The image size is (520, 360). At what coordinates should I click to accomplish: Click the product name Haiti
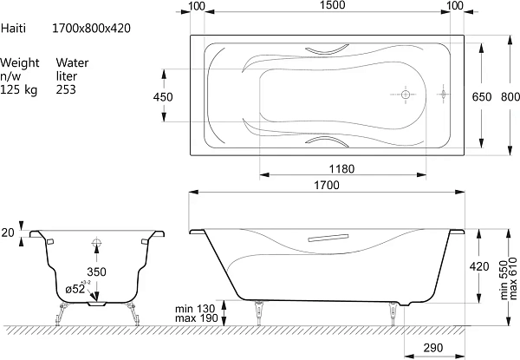point(13,29)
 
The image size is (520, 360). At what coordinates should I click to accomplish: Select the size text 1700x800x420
point(91,29)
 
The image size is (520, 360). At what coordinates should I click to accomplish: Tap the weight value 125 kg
point(19,90)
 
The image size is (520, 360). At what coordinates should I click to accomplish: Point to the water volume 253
point(66,89)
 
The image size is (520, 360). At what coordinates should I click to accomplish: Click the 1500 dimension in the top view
point(333,5)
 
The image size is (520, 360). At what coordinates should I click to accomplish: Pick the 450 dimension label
point(163,97)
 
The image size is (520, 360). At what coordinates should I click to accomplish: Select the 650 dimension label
point(482,97)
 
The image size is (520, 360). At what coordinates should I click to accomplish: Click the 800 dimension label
point(510,97)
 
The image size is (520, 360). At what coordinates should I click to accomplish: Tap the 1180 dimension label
point(341,169)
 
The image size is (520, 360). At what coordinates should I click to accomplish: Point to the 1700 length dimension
point(327,185)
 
